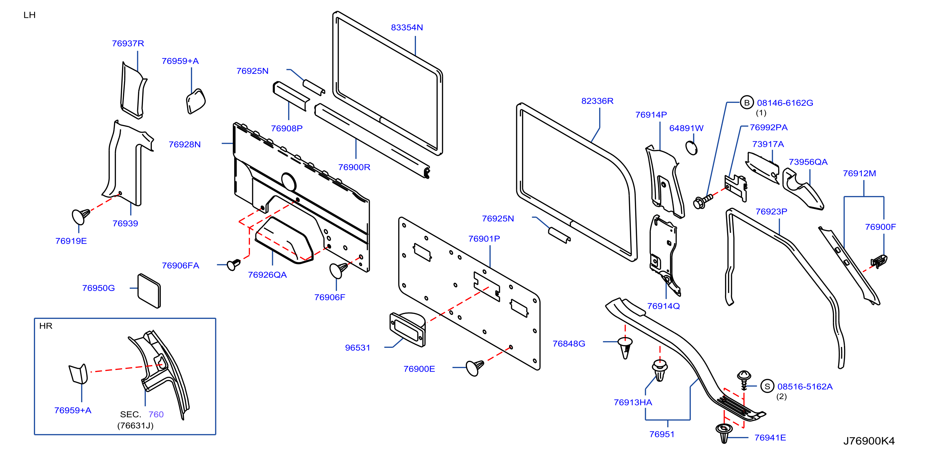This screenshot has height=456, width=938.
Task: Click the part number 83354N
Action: [x=407, y=28]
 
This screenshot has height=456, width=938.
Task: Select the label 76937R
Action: [x=128, y=44]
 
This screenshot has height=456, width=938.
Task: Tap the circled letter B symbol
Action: [x=746, y=103]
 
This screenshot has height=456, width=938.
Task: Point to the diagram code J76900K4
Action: [x=869, y=441]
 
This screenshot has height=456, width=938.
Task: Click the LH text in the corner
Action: [x=30, y=15]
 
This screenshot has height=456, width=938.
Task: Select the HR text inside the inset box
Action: [x=46, y=326]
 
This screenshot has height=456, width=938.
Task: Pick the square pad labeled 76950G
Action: [x=149, y=291]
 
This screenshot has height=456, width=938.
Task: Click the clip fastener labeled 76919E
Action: [x=81, y=216]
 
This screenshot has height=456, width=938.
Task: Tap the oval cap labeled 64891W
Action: [x=691, y=148]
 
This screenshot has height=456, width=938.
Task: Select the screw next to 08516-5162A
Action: [x=744, y=379]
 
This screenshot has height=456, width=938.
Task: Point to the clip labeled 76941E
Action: [x=724, y=433]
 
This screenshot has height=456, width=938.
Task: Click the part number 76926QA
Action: [x=267, y=275]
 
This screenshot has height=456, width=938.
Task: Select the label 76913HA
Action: [x=633, y=403]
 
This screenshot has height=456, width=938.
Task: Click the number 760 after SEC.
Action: [x=156, y=415]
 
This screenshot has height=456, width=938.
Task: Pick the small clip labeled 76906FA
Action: [x=233, y=265]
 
